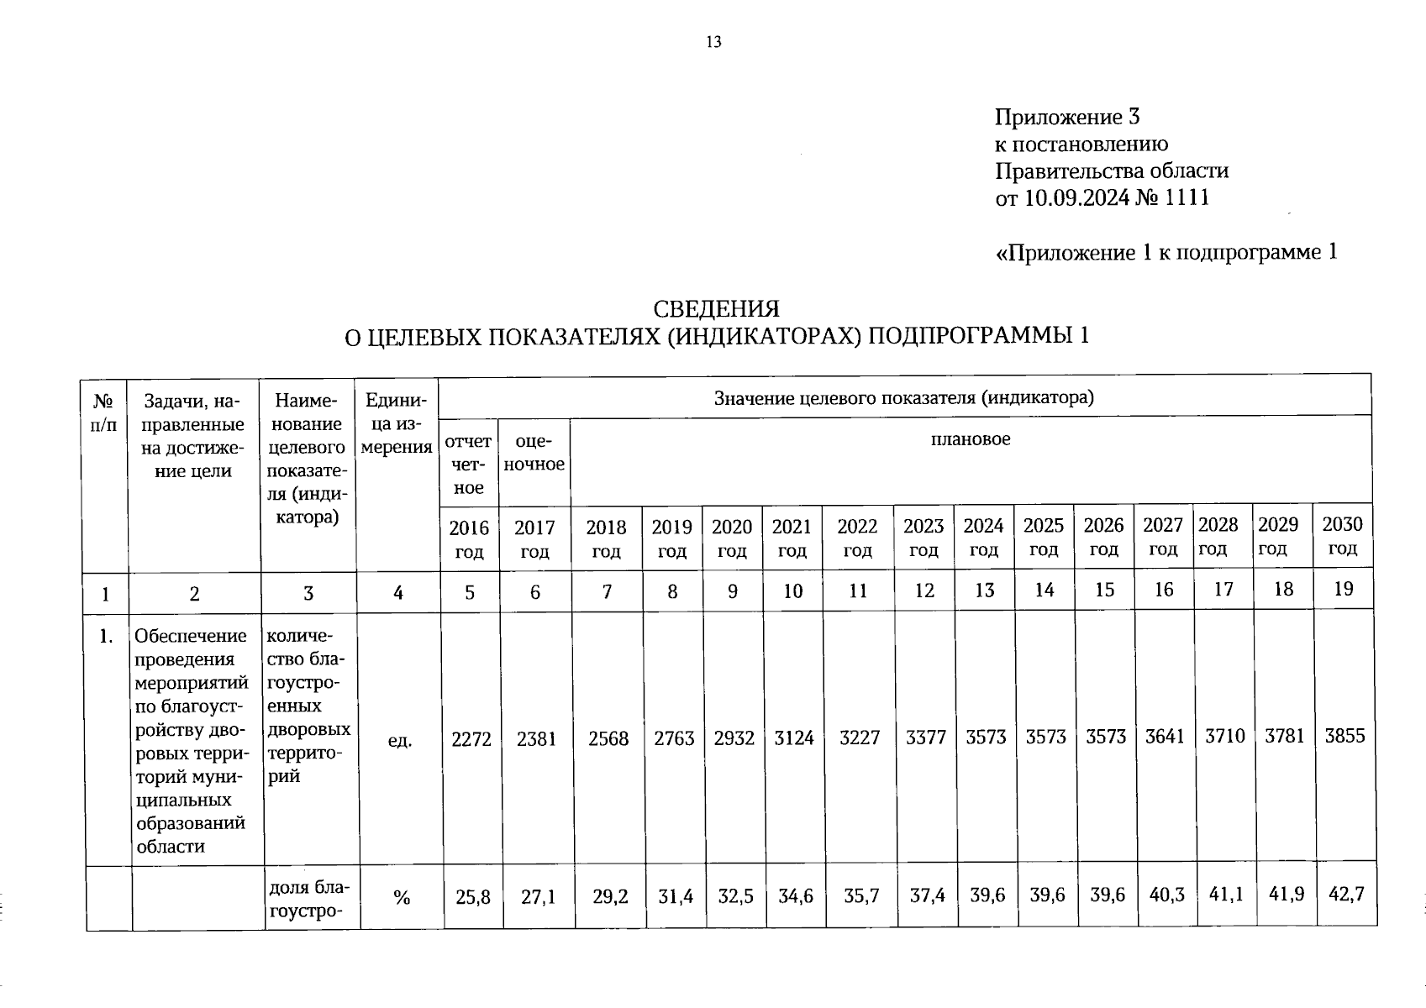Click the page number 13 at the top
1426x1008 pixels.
point(713,42)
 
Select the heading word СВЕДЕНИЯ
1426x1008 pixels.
point(716,308)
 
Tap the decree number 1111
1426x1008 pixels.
point(1187,198)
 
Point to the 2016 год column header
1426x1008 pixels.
point(469,538)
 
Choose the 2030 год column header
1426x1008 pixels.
point(1342,536)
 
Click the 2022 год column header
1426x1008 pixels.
point(857,538)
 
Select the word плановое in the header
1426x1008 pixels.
point(971,438)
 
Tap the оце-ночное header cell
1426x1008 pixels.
point(534,453)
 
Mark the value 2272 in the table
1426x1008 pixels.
point(471,738)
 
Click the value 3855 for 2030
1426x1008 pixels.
point(1344,737)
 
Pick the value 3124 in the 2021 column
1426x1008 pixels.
point(793,738)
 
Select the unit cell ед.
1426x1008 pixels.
point(400,740)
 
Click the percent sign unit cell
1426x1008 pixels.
point(402,898)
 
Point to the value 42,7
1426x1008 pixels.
point(1345,895)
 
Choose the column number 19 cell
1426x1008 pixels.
point(1343,589)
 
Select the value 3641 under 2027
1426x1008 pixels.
point(1165,737)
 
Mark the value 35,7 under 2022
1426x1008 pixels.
point(861,896)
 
